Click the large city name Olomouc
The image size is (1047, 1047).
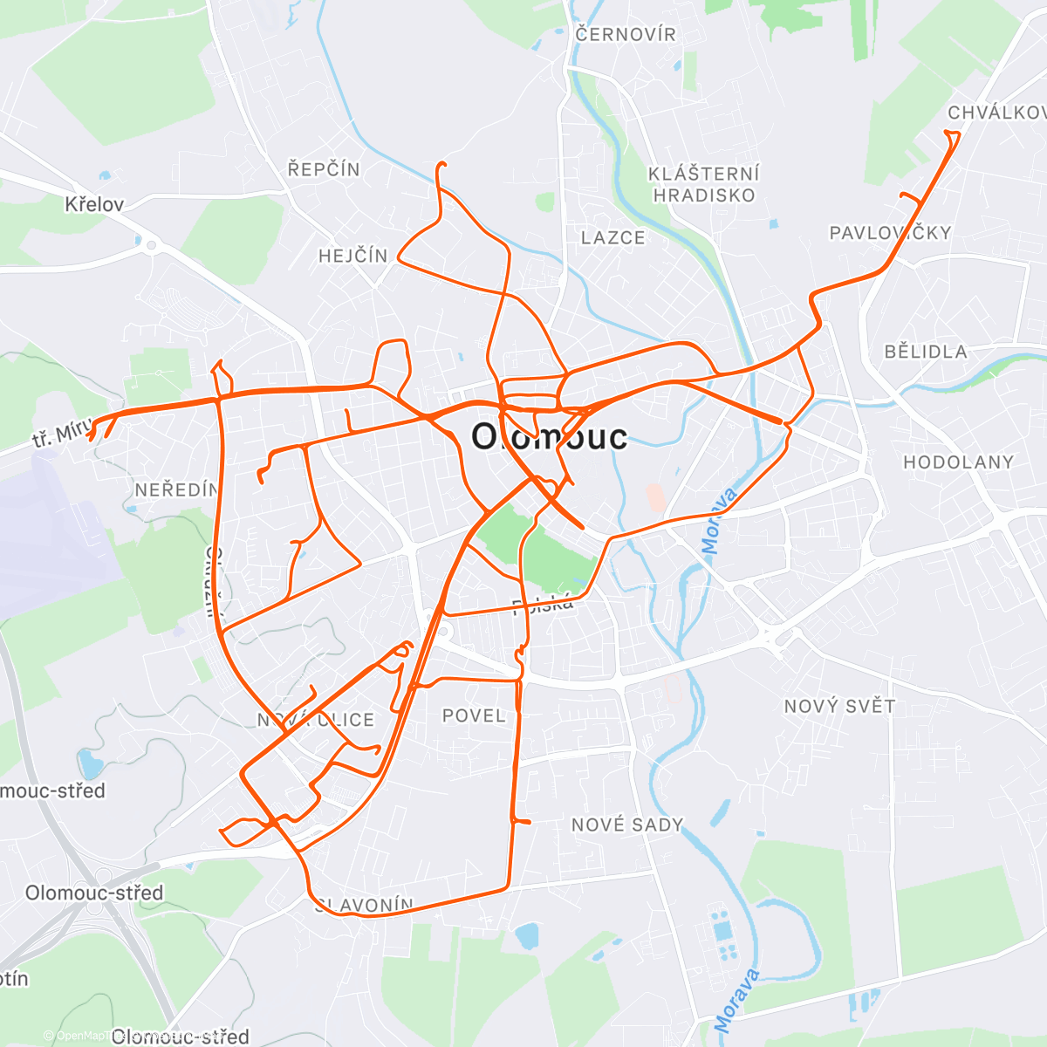pyautogui.click(x=549, y=436)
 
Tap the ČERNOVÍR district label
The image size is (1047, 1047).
pyautogui.click(x=626, y=34)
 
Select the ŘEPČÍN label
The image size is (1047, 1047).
pyautogui.click(x=324, y=168)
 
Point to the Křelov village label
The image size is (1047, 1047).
pyautogui.click(x=94, y=204)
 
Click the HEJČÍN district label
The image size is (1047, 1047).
pyautogui.click(x=352, y=256)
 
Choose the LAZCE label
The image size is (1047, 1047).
pyautogui.click(x=613, y=237)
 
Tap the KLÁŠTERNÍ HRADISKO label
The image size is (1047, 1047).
pyautogui.click(x=704, y=184)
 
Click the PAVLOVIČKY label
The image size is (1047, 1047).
pyautogui.click(x=890, y=233)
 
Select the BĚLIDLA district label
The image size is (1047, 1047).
pyautogui.click(x=926, y=352)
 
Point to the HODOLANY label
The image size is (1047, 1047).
pyautogui.click(x=958, y=462)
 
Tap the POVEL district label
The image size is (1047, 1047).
pyautogui.click(x=474, y=715)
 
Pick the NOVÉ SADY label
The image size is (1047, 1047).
pyautogui.click(x=627, y=825)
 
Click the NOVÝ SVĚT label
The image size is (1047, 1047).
pyautogui.click(x=839, y=706)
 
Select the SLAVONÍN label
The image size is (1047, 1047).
pyautogui.click(x=365, y=905)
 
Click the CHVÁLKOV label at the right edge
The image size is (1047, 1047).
pyautogui.click(x=996, y=113)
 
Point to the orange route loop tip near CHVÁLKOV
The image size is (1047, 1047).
pyautogui.click(x=953, y=133)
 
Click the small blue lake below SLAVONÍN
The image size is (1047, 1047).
pyautogui.click(x=526, y=937)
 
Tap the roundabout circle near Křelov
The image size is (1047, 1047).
pyautogui.click(x=151, y=246)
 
